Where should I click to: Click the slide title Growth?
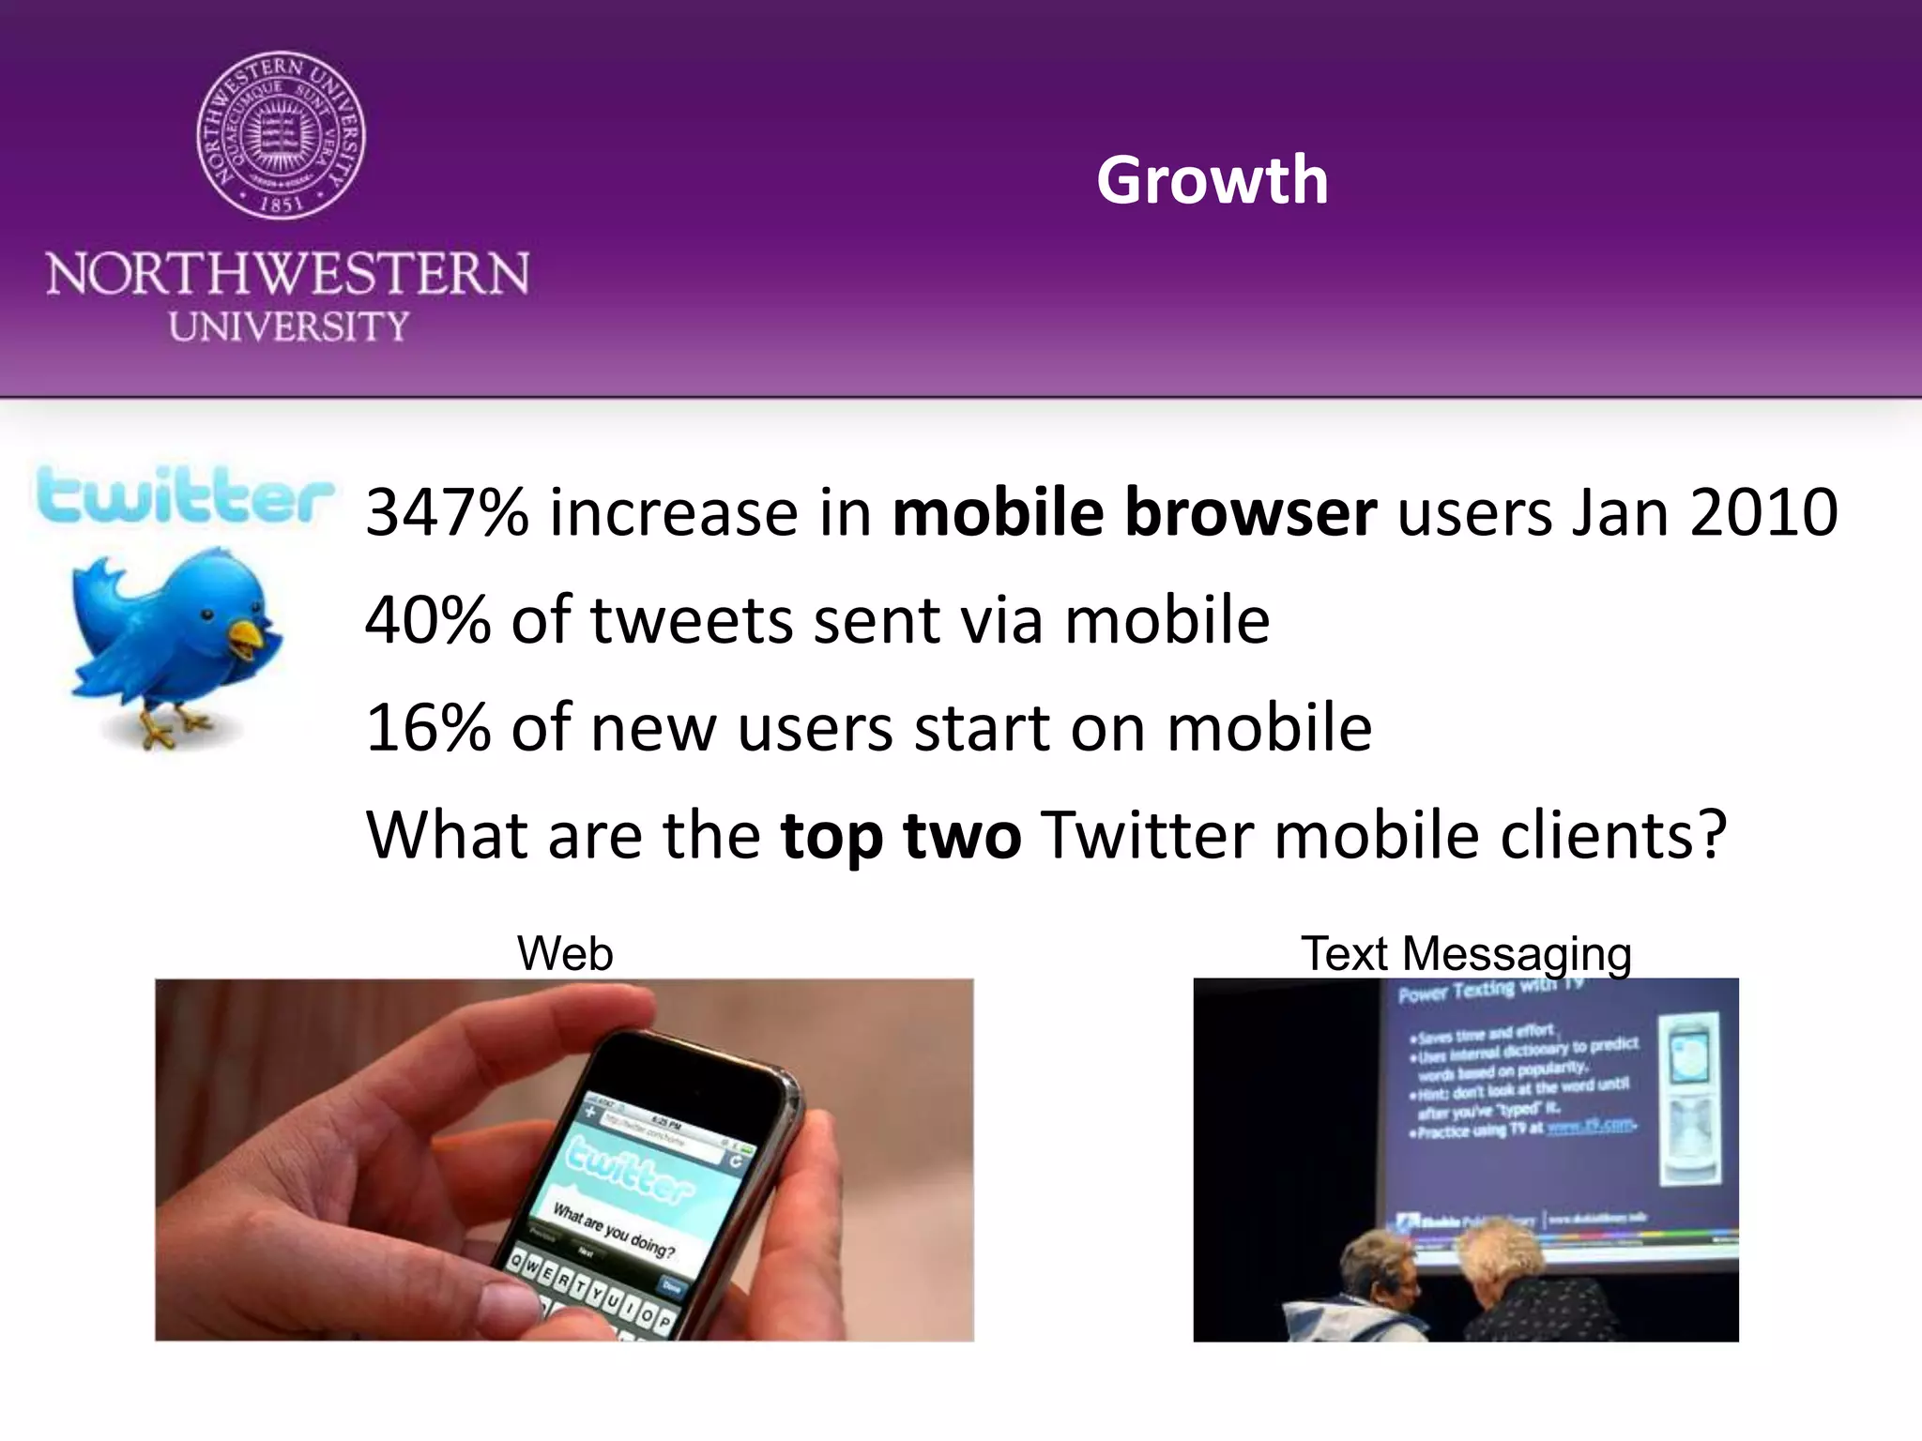(1212, 180)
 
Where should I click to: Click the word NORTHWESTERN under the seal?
(287, 274)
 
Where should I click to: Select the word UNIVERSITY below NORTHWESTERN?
(289, 326)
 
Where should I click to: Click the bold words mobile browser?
(1134, 513)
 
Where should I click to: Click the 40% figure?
(427, 621)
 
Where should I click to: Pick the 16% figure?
(427, 728)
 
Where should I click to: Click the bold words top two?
(901, 835)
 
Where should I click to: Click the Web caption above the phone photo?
(565, 954)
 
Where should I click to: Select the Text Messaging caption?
(1466, 954)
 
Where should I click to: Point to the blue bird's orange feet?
(174, 728)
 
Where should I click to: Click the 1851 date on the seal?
(281, 204)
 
